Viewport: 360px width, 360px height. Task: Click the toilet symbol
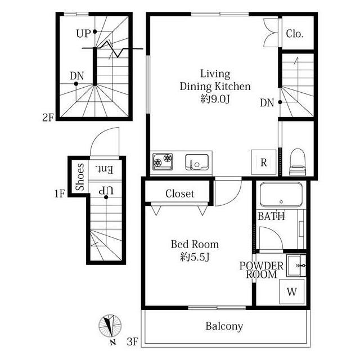(x=298, y=162)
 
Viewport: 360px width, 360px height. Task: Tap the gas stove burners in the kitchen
(x=163, y=161)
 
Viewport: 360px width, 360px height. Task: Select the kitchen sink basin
(x=197, y=162)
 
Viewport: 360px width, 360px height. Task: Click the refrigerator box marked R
(x=264, y=162)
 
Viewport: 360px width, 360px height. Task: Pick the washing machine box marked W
(x=292, y=291)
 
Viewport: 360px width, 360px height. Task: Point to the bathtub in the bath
(x=281, y=195)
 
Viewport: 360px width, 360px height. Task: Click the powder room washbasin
(x=296, y=265)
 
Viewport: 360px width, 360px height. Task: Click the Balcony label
(x=224, y=326)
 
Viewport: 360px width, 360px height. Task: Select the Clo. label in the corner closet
(x=295, y=34)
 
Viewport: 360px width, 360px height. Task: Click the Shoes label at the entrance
(x=80, y=177)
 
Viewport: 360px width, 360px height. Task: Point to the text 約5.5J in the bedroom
(x=195, y=257)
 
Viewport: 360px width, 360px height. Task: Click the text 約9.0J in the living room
(x=215, y=99)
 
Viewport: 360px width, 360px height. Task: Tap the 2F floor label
(x=48, y=118)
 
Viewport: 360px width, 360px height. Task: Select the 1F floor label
(x=60, y=193)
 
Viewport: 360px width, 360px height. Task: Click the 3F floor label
(x=133, y=342)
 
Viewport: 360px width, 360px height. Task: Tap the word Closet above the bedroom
(x=180, y=193)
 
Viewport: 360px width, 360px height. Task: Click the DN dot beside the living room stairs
(x=280, y=102)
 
